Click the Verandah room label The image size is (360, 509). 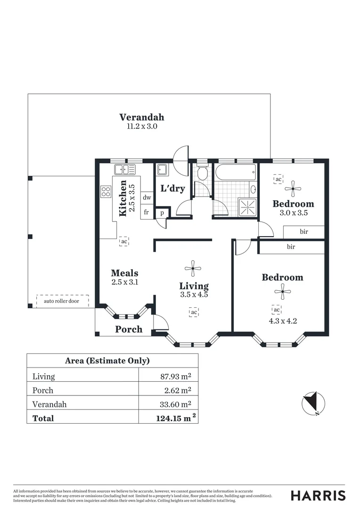pyautogui.click(x=141, y=117)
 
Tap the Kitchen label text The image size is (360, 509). pyautogui.click(x=123, y=198)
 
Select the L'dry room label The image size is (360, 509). pyautogui.click(x=172, y=189)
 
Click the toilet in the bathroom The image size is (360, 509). pyautogui.click(x=202, y=173)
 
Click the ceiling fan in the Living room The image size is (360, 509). pyautogui.click(x=193, y=269)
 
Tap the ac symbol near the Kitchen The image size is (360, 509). pyautogui.click(x=124, y=241)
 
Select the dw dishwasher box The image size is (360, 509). pyautogui.click(x=147, y=198)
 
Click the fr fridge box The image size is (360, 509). pyautogui.click(x=147, y=212)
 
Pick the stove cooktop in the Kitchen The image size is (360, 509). pyautogui.click(x=106, y=192)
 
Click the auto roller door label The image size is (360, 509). pyautogui.click(x=62, y=301)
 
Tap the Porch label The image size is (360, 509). pyautogui.click(x=129, y=329)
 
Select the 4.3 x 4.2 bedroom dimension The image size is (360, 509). pyautogui.click(x=282, y=322)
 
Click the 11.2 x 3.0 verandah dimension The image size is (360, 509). pyautogui.click(x=141, y=127)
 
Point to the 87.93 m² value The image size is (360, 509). pyautogui.click(x=176, y=377)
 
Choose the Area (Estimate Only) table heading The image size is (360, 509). pyautogui.click(x=107, y=361)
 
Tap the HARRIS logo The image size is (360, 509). pyautogui.click(x=318, y=495)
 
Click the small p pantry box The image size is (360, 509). pyautogui.click(x=162, y=213)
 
